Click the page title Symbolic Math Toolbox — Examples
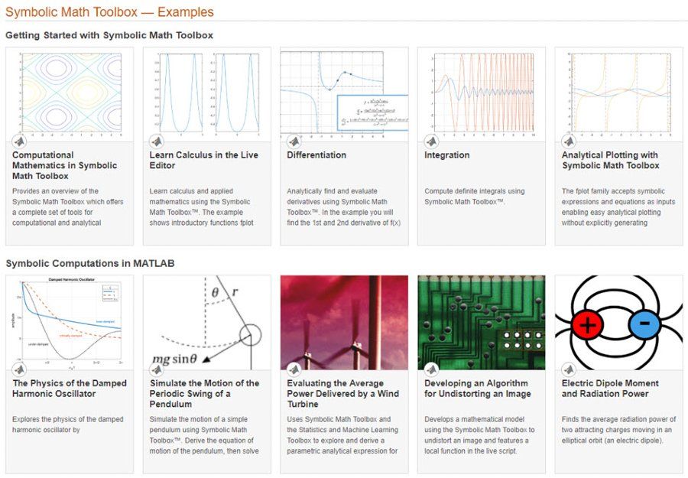(109, 12)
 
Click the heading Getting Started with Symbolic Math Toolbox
(109, 35)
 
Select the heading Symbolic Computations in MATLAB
(90, 263)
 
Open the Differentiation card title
(316, 155)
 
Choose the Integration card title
(447, 155)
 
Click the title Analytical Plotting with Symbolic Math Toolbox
(610, 160)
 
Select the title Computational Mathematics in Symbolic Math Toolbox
(65, 165)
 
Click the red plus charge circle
(587, 324)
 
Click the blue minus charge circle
(644, 324)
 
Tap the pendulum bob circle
(249, 335)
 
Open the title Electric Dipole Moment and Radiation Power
(609, 389)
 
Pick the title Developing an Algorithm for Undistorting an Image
(477, 389)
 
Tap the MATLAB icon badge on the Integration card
(431, 141)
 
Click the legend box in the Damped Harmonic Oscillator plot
(110, 294)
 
